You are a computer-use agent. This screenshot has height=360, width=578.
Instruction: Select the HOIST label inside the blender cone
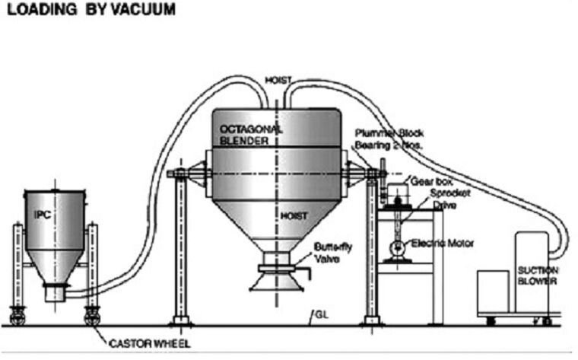click(x=293, y=215)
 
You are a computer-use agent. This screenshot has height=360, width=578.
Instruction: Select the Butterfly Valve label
click(x=330, y=252)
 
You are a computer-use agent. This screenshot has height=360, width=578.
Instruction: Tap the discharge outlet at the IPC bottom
click(x=55, y=292)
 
